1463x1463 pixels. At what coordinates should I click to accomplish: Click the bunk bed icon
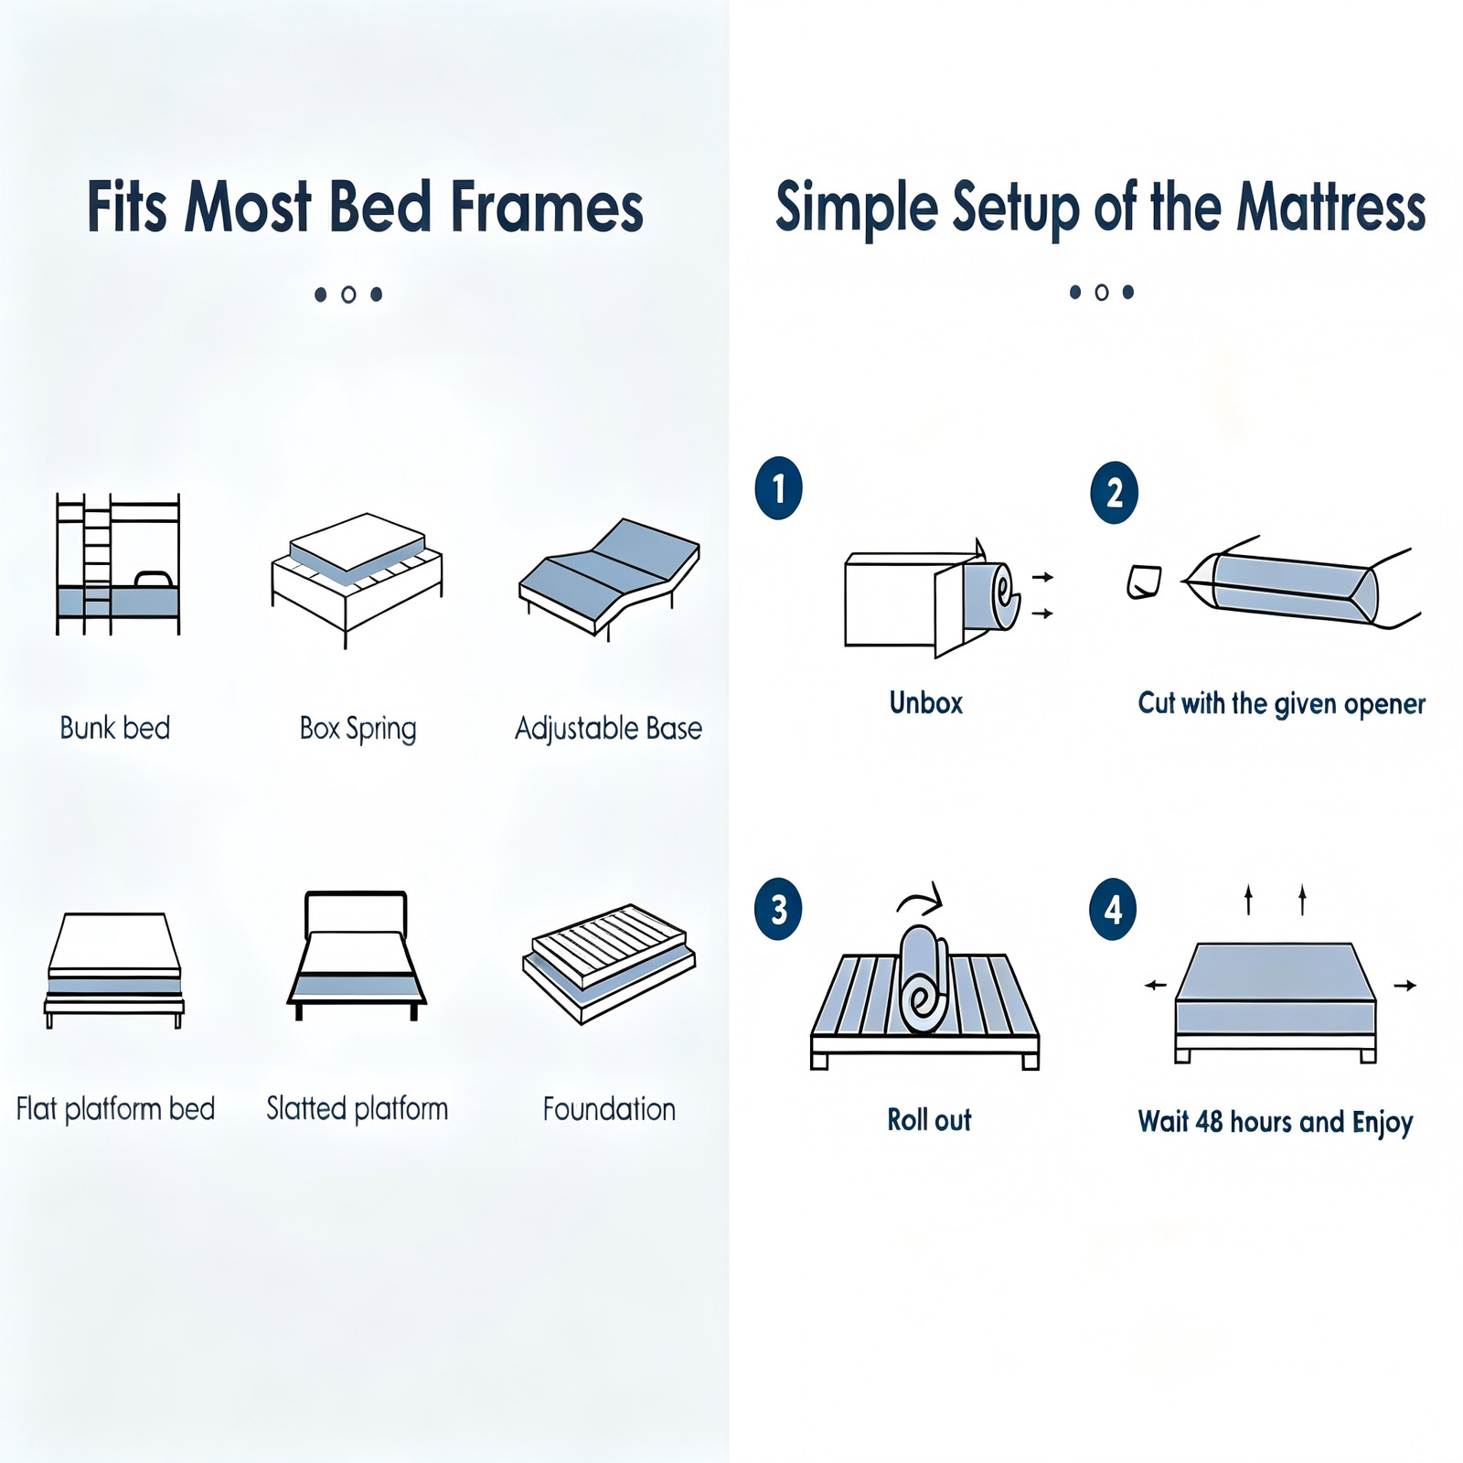pyautogui.click(x=118, y=564)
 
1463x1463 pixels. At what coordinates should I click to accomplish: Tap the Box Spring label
pyautogui.click(x=358, y=729)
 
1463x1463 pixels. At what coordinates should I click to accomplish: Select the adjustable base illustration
pyautogui.click(x=609, y=577)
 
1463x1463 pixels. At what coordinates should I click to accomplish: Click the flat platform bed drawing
pyautogui.click(x=114, y=969)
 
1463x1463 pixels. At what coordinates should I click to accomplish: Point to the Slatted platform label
pyautogui.click(x=358, y=1108)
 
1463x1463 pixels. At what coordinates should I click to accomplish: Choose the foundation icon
pyautogui.click(x=609, y=964)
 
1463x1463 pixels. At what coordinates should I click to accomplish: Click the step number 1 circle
pyautogui.click(x=778, y=488)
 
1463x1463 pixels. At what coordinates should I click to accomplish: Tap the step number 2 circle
pyautogui.click(x=1114, y=493)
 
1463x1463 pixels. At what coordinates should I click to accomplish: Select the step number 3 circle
pyautogui.click(x=778, y=909)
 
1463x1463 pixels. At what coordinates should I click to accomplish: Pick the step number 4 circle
pyautogui.click(x=1113, y=909)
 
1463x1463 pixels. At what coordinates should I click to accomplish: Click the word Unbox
pyautogui.click(x=926, y=702)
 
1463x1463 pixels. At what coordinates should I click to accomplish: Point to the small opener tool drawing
pyautogui.click(x=1143, y=582)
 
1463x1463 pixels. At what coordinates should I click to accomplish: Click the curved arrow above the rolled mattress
pyautogui.click(x=922, y=898)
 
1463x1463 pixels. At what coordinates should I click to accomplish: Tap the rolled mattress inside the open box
pyautogui.click(x=992, y=596)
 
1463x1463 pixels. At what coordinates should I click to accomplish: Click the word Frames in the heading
pyautogui.click(x=548, y=207)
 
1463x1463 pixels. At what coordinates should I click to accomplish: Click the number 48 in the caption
pyautogui.click(x=1209, y=1121)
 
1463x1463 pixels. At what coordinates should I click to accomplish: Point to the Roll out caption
pyautogui.click(x=929, y=1119)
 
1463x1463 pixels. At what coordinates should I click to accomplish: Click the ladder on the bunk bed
pyautogui.click(x=97, y=564)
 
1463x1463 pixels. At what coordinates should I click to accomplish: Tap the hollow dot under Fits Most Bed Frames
pyautogui.click(x=348, y=294)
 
